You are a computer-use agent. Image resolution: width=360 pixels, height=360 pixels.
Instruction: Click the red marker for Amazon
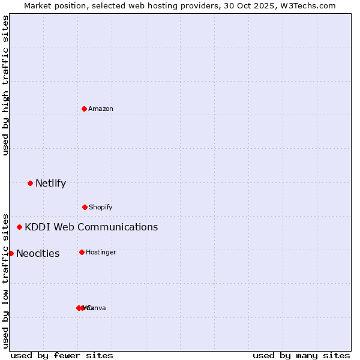84,109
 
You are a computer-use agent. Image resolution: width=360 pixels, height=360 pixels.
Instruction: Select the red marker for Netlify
30,183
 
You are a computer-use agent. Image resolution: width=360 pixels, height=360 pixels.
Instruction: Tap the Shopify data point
85,207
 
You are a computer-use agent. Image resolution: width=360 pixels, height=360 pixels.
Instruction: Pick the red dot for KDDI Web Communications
19,227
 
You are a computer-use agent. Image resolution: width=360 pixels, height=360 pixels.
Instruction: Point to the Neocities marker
11,253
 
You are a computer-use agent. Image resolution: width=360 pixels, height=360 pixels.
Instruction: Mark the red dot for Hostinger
82,252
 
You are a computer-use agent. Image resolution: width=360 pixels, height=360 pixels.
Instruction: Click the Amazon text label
101,109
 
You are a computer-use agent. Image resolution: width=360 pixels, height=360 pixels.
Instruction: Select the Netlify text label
50,183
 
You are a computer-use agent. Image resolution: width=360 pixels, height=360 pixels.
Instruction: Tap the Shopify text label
101,207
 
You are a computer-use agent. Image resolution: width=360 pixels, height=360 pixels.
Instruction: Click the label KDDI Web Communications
91,227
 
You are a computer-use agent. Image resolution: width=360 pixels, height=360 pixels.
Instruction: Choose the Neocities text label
38,253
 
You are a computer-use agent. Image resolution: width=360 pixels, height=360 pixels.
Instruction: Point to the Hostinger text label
101,252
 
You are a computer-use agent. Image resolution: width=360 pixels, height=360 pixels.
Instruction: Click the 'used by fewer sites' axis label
62,355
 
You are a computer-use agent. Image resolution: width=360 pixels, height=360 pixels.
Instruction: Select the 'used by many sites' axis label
301,355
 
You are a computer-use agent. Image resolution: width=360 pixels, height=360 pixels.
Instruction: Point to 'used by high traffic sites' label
5,85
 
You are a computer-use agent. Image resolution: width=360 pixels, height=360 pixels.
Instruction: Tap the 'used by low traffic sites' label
5,281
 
